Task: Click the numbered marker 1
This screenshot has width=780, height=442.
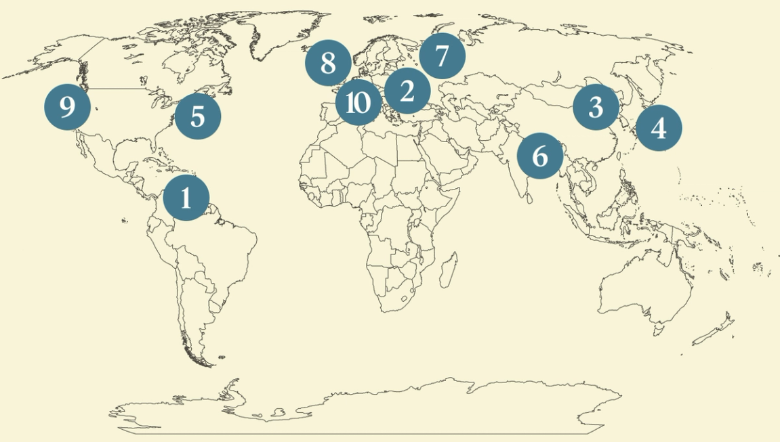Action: (186, 198)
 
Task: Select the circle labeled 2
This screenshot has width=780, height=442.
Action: (407, 91)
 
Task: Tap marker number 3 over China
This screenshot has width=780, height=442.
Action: (595, 107)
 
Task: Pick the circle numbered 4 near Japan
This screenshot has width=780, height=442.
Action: (659, 128)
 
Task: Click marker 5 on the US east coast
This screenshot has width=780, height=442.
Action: (197, 116)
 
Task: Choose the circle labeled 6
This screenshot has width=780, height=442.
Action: (539, 156)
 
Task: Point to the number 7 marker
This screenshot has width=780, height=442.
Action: (442, 56)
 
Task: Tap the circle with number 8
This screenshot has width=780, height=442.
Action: (328, 64)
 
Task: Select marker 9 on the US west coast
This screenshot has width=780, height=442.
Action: (67, 107)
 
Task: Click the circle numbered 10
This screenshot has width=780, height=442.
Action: (358, 104)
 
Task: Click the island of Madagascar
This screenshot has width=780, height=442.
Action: (447, 268)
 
